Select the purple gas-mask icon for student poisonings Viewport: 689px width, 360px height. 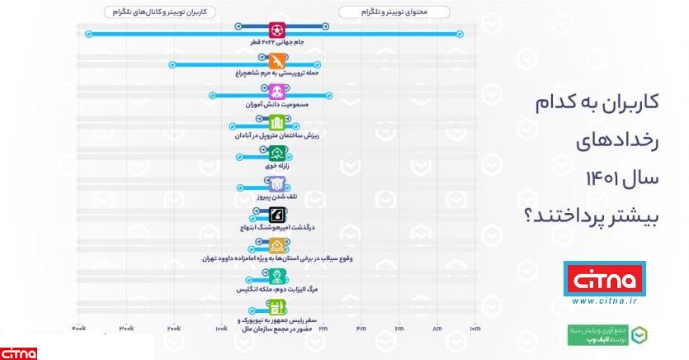[278, 91]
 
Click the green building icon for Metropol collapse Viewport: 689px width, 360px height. [278, 123]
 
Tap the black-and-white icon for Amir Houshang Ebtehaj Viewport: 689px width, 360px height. [278, 216]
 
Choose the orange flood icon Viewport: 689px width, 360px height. [278, 246]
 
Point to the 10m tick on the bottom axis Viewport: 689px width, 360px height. [474, 329]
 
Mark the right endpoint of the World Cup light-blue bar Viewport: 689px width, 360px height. [460, 34]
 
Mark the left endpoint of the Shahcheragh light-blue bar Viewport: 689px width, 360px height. [172, 64]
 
